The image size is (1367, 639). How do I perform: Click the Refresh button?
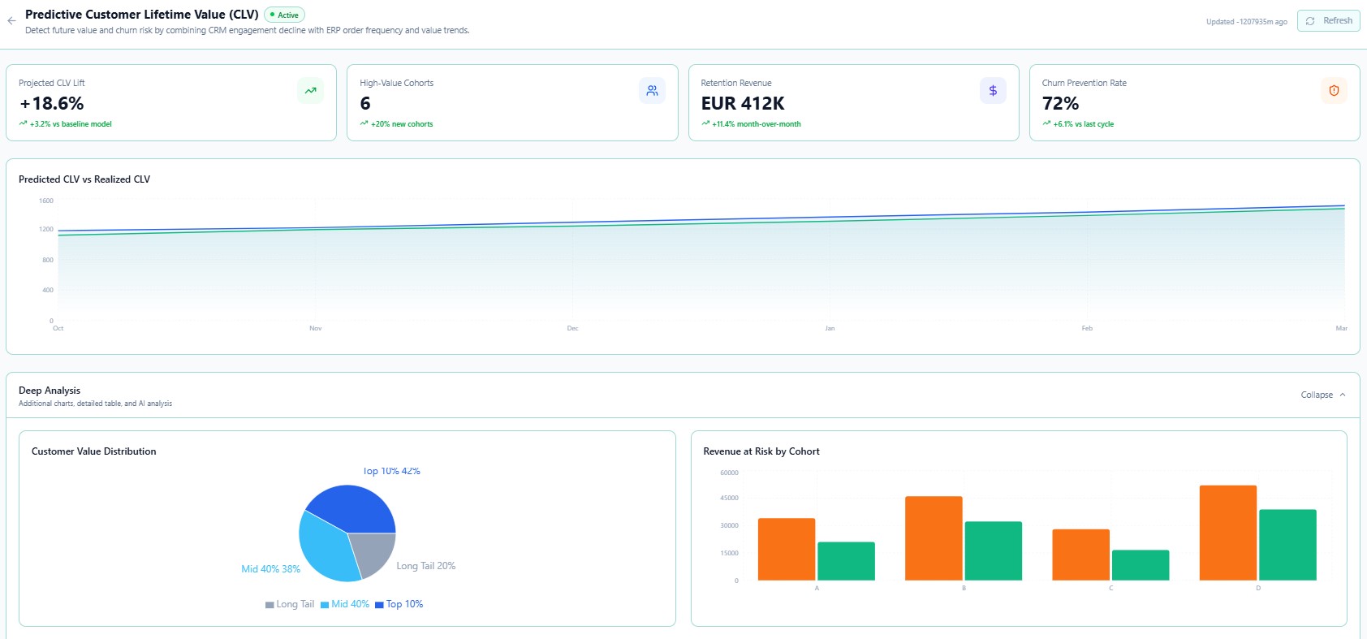click(1328, 21)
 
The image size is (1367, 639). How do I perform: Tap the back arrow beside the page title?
click(11, 21)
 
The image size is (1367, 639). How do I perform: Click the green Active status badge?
click(284, 15)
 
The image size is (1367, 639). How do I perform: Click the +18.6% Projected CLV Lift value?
click(51, 103)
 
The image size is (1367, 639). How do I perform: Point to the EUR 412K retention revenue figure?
click(742, 103)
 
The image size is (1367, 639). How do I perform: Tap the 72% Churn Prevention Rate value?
click(1060, 103)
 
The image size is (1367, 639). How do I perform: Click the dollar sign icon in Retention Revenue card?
click(993, 90)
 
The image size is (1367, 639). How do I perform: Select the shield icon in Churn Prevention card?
click(1334, 90)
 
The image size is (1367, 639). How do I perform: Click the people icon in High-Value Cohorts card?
click(652, 90)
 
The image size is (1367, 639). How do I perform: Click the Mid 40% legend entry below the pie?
click(345, 604)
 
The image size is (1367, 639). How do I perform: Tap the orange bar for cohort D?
click(1228, 533)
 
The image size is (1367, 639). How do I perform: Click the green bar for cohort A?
click(846, 561)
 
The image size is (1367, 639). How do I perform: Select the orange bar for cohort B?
click(934, 538)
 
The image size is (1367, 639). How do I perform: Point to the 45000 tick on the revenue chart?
click(729, 498)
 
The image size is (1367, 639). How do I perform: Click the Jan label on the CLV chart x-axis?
click(830, 328)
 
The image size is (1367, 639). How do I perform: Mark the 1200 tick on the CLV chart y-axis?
click(45, 230)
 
